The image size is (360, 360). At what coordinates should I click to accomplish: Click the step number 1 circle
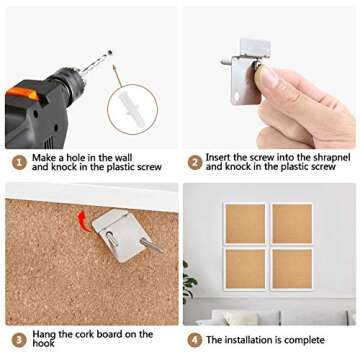coord(19,163)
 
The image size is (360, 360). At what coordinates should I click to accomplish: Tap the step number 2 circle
coord(195,163)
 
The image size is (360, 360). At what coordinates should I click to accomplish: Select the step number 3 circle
coord(19,340)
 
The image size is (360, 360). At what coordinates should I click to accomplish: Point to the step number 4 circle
coord(195,340)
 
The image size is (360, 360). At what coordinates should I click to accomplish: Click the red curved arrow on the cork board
coord(83,221)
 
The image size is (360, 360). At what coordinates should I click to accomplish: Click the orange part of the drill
coord(22,93)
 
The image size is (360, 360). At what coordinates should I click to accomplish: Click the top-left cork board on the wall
coord(245,224)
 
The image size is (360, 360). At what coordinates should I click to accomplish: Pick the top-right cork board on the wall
coord(292,224)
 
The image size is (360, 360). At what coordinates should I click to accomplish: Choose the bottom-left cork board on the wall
coord(245,269)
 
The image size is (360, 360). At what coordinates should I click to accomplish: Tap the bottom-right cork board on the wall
coord(292,269)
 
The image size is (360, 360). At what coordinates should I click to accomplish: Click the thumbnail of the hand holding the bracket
coord(269,77)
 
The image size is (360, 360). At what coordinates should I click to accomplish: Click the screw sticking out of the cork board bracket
coord(151,245)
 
